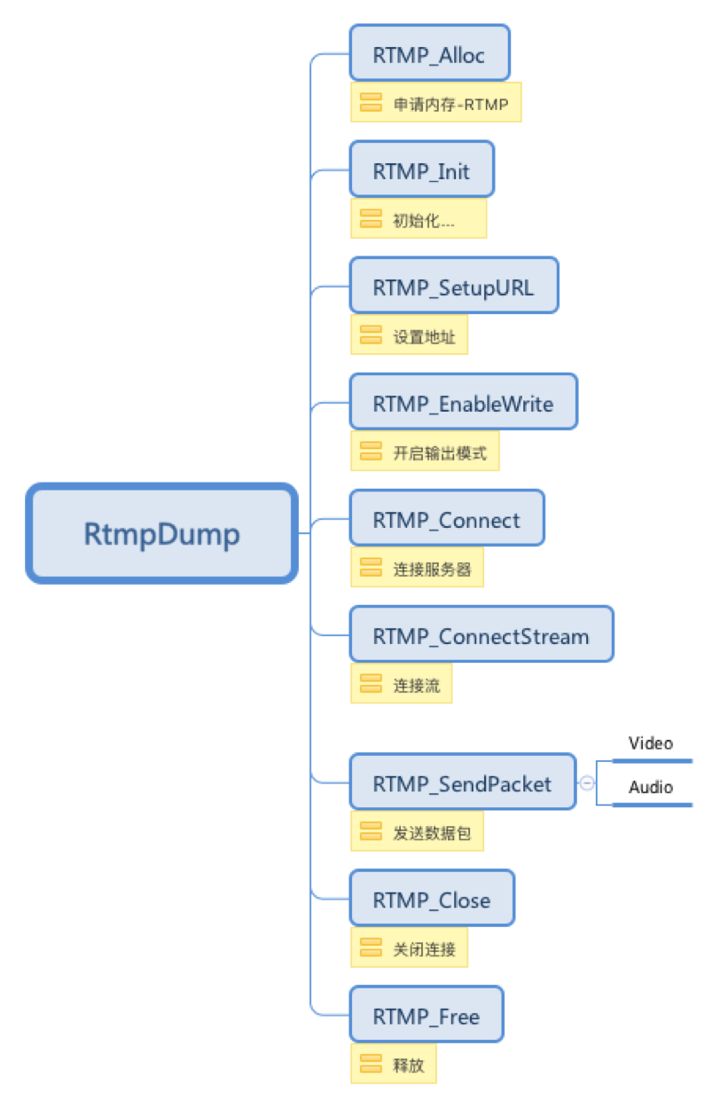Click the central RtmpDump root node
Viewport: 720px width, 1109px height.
pyautogui.click(x=161, y=533)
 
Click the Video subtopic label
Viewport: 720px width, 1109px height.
pyautogui.click(x=651, y=743)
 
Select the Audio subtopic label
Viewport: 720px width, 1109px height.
pyautogui.click(x=651, y=787)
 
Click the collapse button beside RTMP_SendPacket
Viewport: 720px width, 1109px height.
pyautogui.click(x=587, y=783)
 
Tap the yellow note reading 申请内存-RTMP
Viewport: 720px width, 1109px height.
pyautogui.click(x=435, y=103)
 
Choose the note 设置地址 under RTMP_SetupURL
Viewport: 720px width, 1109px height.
pyautogui.click(x=409, y=335)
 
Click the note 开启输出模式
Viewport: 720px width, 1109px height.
pyautogui.click(x=425, y=452)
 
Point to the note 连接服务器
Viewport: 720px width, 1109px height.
pyautogui.click(x=417, y=568)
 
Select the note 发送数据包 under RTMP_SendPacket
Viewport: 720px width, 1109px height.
pyautogui.click(x=417, y=831)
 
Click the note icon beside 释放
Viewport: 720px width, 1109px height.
pyautogui.click(x=371, y=1064)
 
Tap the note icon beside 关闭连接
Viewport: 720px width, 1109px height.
pyautogui.click(x=371, y=948)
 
